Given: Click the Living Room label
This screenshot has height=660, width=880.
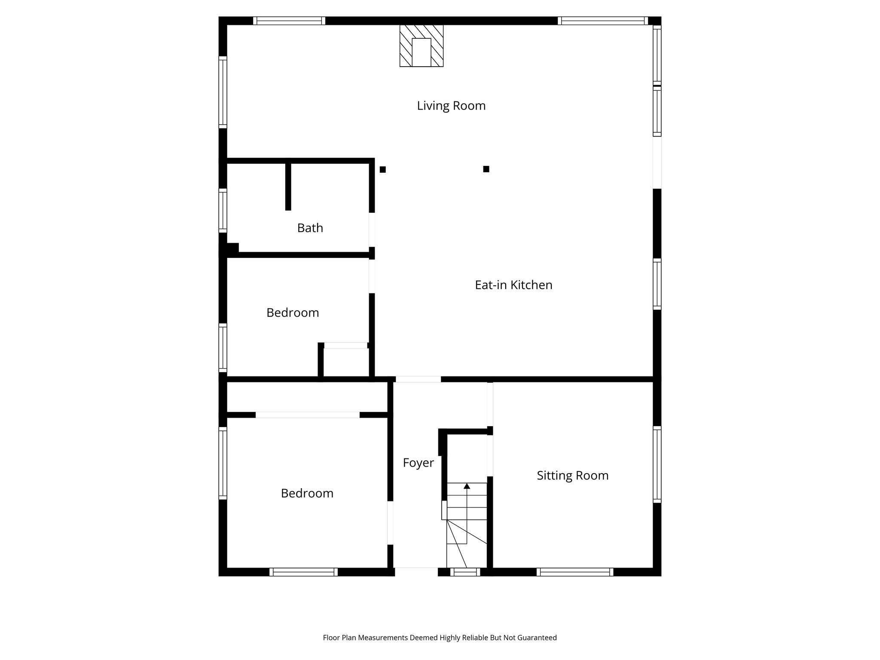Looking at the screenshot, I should [x=451, y=106].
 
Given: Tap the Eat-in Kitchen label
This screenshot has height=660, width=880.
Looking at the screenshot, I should [x=513, y=285].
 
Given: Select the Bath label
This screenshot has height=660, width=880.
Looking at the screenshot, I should [x=310, y=228].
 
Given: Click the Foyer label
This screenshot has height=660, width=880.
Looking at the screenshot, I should [x=418, y=463].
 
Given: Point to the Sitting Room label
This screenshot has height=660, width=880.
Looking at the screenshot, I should [x=572, y=476].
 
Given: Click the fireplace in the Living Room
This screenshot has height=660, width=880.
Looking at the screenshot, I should [x=421, y=46].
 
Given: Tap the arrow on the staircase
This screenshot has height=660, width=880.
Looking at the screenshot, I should [x=467, y=486].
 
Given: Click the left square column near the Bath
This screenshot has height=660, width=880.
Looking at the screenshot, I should [x=382, y=170].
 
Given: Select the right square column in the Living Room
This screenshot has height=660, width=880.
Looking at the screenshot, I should [x=486, y=169].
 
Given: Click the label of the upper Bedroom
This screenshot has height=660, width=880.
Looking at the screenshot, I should [x=293, y=313].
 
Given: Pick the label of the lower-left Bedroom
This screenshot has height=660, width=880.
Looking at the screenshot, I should [x=307, y=493].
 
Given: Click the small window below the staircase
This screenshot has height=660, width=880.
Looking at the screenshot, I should [x=465, y=572].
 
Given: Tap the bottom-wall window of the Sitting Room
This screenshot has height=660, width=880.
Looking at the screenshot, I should [x=574, y=572].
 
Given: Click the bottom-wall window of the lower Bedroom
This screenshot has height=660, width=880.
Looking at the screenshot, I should [x=303, y=572].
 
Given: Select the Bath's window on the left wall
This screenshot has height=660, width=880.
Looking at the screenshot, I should [x=223, y=211].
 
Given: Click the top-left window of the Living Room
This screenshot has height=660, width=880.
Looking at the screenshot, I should [x=289, y=21].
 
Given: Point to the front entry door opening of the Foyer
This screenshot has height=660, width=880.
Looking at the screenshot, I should [x=416, y=571].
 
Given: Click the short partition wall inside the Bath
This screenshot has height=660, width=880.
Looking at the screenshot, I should [x=288, y=186].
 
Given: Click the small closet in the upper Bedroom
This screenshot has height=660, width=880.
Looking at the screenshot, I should [x=346, y=362].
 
